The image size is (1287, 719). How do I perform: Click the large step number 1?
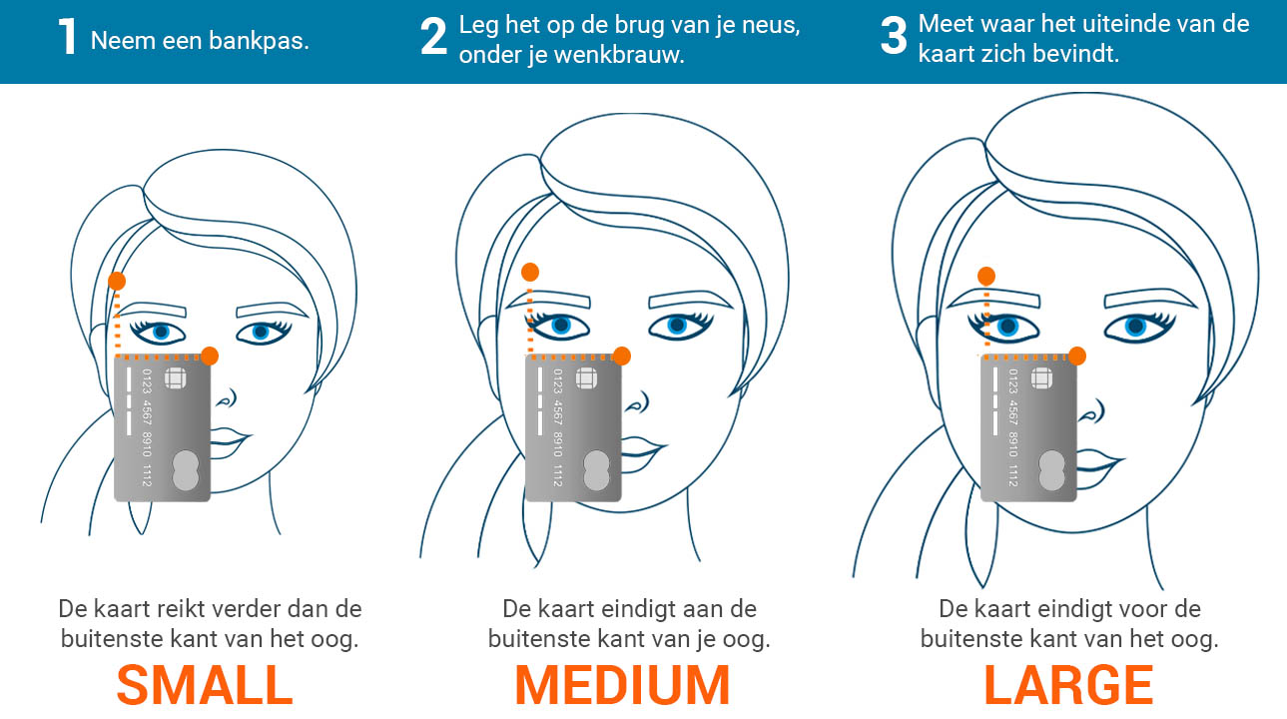(68, 36)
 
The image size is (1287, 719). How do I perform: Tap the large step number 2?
(433, 36)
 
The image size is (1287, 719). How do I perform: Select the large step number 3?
(894, 36)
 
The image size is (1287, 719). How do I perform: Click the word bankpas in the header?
(260, 40)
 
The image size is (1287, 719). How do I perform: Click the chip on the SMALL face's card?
(175, 378)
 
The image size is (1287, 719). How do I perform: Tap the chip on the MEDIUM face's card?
(586, 378)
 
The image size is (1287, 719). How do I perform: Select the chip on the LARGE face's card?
(1041, 378)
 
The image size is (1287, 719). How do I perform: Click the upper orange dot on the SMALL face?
(117, 281)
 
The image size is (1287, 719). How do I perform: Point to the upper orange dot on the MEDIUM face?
(530, 272)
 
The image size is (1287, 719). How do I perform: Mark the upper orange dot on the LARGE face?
(986, 276)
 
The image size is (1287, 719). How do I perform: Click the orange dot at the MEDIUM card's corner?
(622, 356)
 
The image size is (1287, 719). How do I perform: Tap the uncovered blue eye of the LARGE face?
(1137, 327)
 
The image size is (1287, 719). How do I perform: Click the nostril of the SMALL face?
(229, 397)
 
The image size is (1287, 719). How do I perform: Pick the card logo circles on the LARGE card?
(1051, 470)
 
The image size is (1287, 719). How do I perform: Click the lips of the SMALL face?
(230, 442)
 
